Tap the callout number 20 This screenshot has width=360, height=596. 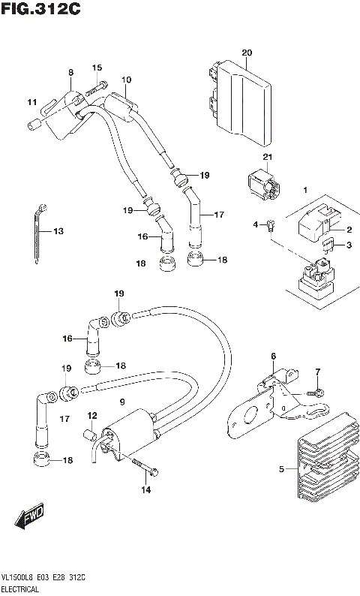(x=247, y=52)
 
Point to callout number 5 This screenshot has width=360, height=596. (x=282, y=469)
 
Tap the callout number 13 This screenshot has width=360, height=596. (x=58, y=231)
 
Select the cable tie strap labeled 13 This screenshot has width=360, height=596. (x=40, y=233)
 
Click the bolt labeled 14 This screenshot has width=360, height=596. (x=146, y=471)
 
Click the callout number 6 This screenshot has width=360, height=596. (x=274, y=356)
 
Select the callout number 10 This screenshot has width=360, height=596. (x=126, y=80)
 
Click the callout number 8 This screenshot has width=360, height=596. (x=70, y=73)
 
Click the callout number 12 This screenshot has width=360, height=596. (x=92, y=415)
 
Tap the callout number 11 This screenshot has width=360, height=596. (x=31, y=102)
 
